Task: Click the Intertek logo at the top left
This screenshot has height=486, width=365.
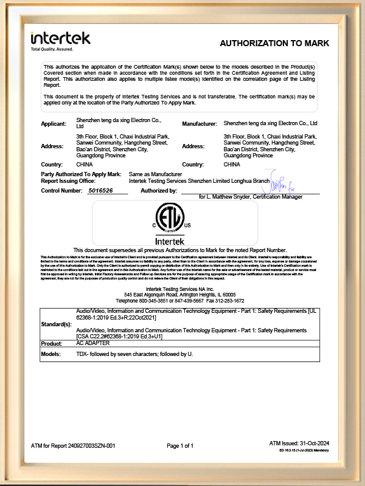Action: point(60,38)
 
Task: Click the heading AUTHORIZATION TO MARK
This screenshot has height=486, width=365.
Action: point(274,44)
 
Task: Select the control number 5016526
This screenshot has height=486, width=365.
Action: point(100,191)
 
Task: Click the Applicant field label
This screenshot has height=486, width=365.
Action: point(53,124)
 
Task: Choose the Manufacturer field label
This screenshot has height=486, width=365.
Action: point(200,124)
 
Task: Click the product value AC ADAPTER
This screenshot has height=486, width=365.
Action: point(92,343)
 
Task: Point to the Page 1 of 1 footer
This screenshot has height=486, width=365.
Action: point(180,446)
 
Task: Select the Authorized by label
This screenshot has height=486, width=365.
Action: point(158,191)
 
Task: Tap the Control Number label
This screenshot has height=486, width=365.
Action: point(61,191)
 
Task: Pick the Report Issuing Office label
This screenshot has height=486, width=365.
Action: point(67,180)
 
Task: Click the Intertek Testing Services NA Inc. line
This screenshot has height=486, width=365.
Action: point(180,289)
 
